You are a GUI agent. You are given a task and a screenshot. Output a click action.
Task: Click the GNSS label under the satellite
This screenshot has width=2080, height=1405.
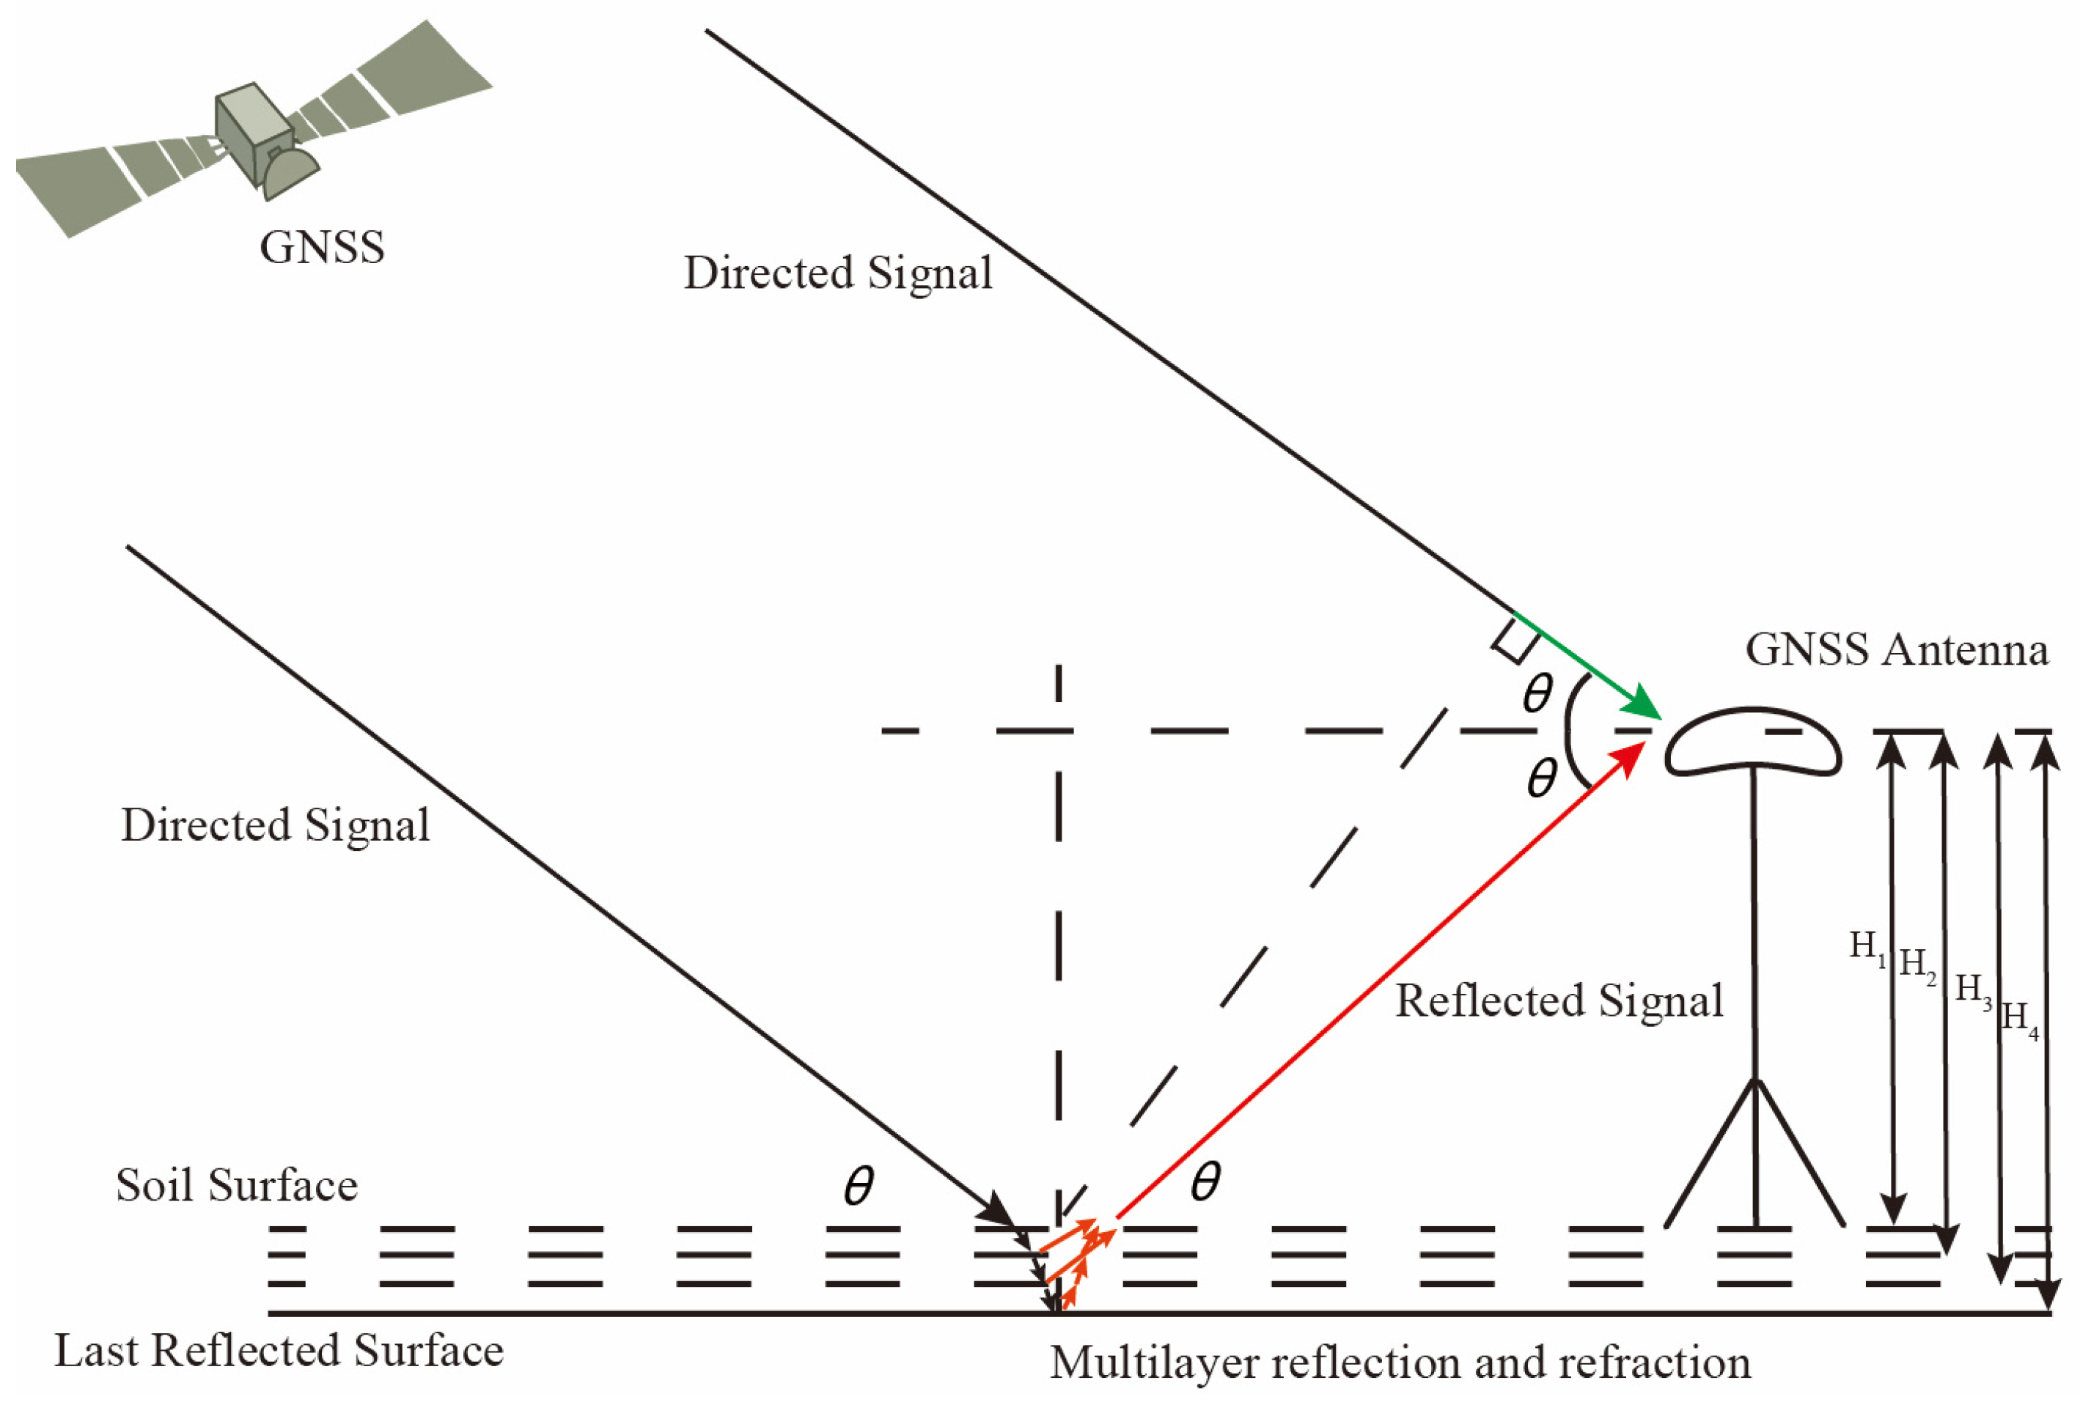pos(322,247)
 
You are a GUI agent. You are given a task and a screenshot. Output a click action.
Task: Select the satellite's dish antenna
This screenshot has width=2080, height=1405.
pos(289,173)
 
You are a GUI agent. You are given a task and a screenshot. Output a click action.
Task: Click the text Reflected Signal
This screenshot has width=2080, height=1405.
pos(1559,1001)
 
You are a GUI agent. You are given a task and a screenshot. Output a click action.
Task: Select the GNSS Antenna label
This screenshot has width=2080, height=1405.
pos(1897,649)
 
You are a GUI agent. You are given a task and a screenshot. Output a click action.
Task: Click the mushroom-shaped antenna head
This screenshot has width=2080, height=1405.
pos(1752,742)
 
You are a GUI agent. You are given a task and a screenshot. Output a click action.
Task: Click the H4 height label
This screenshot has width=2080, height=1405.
pos(2020,1019)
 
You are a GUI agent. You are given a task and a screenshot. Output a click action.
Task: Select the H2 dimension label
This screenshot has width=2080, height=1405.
pos(1917,965)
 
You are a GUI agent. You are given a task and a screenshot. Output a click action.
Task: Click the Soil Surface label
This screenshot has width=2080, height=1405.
pos(237,1186)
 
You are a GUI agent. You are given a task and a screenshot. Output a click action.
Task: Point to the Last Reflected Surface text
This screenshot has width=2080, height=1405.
pos(279,1351)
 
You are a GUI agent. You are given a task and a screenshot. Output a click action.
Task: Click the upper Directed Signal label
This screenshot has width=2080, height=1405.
pos(838,273)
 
